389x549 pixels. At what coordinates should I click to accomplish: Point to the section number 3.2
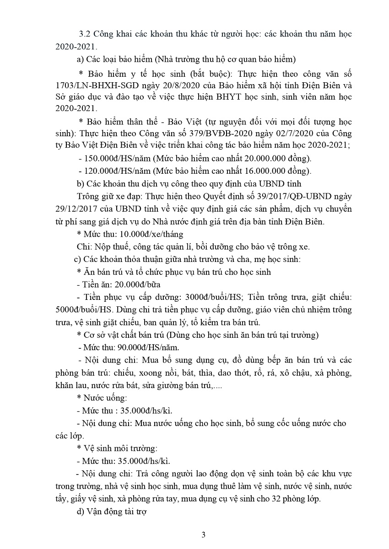85,34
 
